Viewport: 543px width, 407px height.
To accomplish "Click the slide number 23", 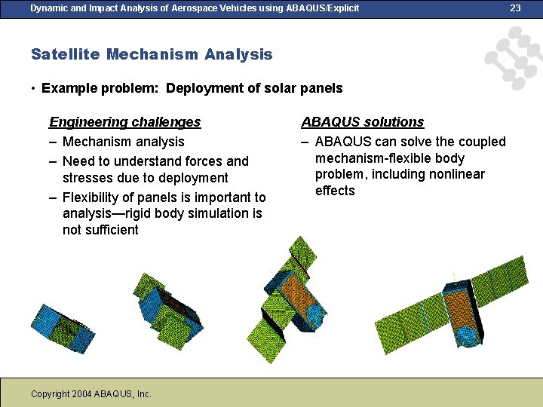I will click(515, 8).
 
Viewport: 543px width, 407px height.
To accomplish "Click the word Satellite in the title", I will click(66, 54).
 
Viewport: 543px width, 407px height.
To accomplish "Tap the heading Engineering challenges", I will click(124, 122).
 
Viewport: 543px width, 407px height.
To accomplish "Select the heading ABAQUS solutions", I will click(362, 122).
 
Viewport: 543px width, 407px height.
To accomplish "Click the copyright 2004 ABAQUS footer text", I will click(91, 393).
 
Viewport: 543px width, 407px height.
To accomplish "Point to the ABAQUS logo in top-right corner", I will click(514, 58).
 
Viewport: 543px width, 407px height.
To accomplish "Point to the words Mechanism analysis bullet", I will click(123, 142).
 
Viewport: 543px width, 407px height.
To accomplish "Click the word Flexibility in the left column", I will click(94, 197).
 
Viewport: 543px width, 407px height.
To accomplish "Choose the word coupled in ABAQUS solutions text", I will click(483, 142).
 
